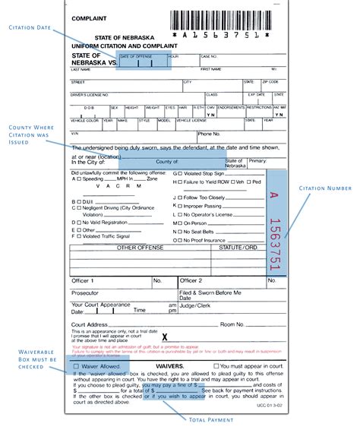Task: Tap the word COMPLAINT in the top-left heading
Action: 90,17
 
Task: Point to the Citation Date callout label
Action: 31,28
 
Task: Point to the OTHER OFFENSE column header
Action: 115,247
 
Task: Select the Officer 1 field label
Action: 82,280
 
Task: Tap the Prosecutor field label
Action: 85,292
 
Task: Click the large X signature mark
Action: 164,337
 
